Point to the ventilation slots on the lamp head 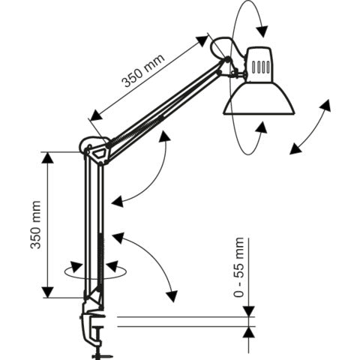[259, 65]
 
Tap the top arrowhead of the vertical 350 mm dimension [48, 157]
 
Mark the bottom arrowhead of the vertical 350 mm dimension [48, 292]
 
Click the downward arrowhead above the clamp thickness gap [249, 311]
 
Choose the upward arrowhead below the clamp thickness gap [249, 331]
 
